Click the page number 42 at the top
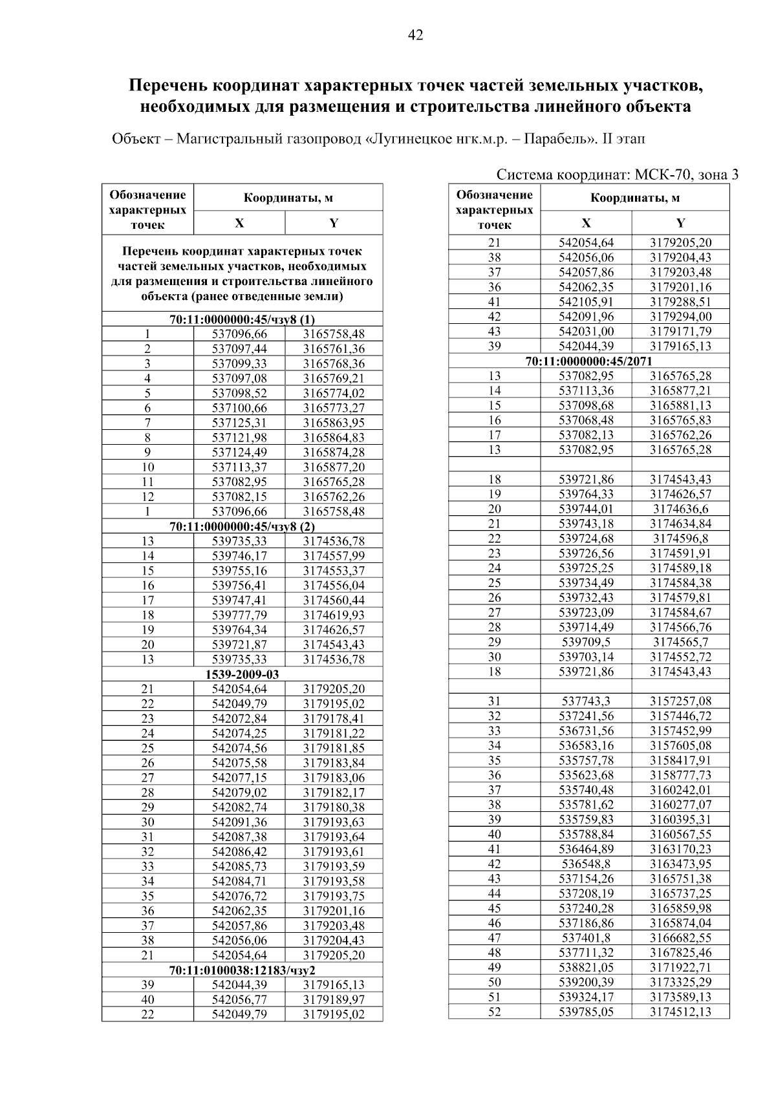click(415, 36)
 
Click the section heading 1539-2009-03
click(242, 674)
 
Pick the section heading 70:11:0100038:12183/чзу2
click(242, 970)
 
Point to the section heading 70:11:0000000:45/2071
click(588, 361)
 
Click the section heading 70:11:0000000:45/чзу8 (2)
click(242, 526)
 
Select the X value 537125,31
click(239, 423)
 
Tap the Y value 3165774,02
click(334, 393)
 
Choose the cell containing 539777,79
click(239, 615)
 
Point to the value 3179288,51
click(680, 302)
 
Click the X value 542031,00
click(586, 332)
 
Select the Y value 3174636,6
click(680, 509)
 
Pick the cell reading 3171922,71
click(680, 968)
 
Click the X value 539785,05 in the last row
click(586, 1012)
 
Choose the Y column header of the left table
click(334, 224)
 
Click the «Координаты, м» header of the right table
click(634, 198)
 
